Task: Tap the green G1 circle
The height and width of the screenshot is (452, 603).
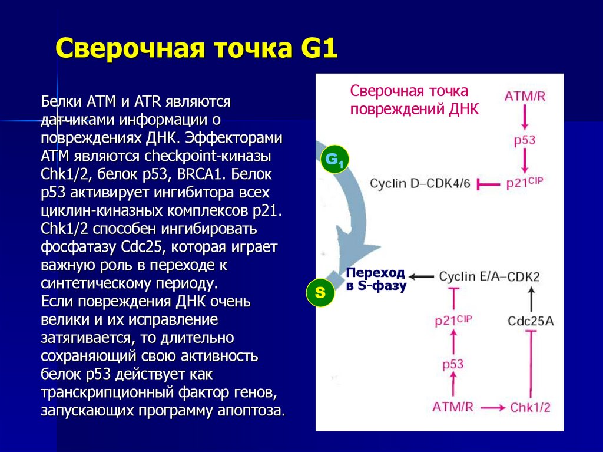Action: click(334, 160)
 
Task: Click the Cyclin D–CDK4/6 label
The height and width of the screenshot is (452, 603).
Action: click(420, 184)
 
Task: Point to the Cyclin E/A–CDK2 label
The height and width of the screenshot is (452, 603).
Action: click(489, 276)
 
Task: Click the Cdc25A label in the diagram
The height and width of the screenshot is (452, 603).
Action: click(531, 321)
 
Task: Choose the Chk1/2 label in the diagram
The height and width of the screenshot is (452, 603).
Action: click(530, 407)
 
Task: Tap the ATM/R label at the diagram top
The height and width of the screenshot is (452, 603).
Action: click(525, 95)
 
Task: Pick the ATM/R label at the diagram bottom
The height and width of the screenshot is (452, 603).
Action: click(453, 407)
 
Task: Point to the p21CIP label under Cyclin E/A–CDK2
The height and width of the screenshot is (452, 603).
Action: click(453, 321)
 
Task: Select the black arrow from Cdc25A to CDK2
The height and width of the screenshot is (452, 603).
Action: click(531, 299)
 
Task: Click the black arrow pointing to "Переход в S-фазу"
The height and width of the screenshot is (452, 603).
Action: click(422, 276)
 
